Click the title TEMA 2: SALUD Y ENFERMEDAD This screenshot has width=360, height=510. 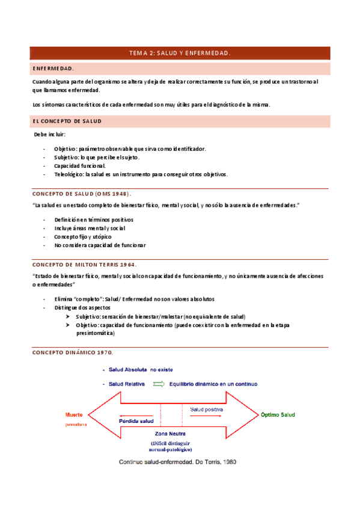pos(180,54)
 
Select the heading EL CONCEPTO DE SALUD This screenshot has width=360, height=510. pos(67,121)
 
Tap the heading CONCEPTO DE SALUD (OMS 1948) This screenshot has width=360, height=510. pos(81,194)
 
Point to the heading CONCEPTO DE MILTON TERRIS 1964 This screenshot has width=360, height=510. pos(84,264)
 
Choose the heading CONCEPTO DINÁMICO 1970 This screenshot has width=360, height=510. pos(72,352)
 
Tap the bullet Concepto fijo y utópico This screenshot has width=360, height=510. pos(82,237)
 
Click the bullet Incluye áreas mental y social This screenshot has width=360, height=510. pos(90,229)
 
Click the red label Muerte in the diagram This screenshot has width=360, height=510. pos(74,415)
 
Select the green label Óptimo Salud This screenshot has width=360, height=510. pos(277,415)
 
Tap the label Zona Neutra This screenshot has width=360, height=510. pos(170,434)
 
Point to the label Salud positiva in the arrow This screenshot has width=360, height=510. pos(207,410)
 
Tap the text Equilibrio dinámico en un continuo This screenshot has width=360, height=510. pos(213,384)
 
